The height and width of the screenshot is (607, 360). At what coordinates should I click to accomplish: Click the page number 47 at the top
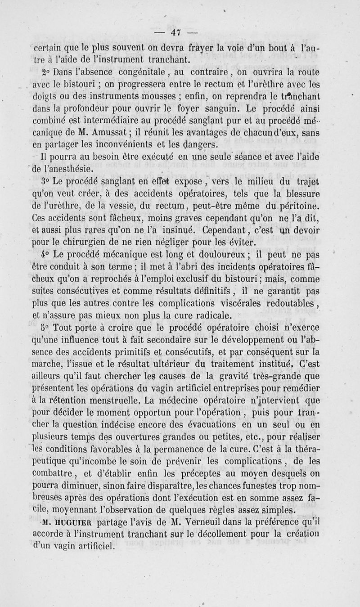point(175,31)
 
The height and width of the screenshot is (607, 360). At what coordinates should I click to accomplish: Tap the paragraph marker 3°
point(45,182)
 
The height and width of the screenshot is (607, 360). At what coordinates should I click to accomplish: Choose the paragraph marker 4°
point(45,253)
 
